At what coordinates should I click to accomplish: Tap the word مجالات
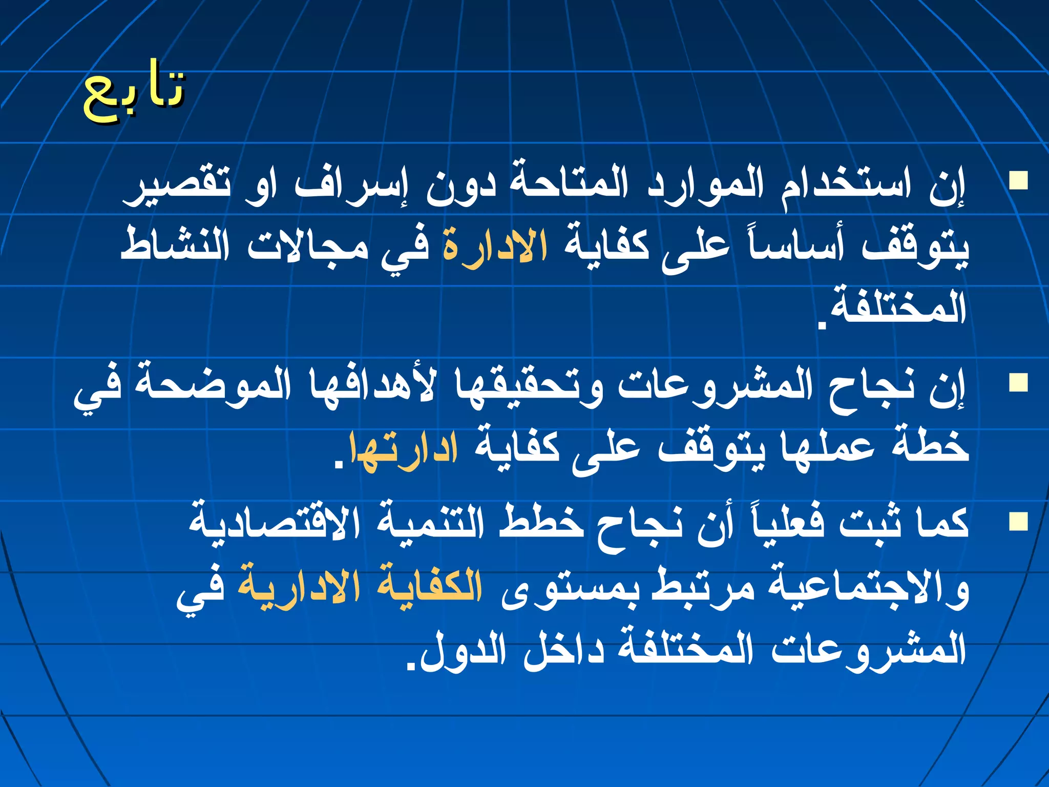tap(308, 246)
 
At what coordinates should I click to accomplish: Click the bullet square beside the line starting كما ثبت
tap(1018, 522)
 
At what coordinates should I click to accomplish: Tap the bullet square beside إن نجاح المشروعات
tap(1018, 383)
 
